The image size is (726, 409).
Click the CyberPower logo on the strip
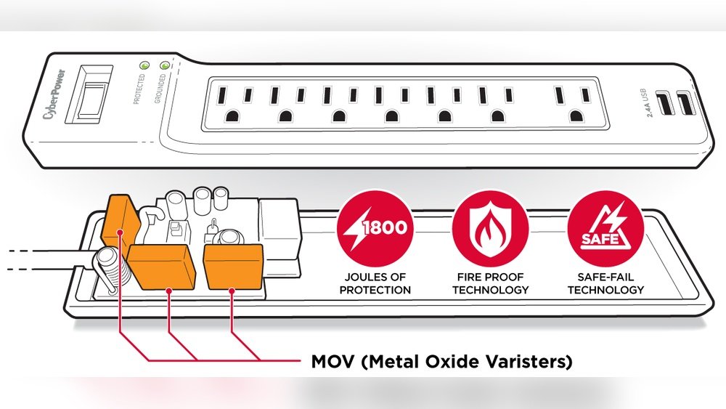54,94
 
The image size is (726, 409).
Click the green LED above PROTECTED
144,65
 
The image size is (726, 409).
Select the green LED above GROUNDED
164,65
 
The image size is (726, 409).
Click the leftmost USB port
665,104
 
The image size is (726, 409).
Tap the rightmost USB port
685,104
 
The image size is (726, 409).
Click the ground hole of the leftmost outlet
232,116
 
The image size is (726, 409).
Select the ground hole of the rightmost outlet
576,116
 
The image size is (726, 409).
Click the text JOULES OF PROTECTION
375,283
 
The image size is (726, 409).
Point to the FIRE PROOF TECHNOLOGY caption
490,283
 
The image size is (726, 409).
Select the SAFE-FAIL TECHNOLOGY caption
605,283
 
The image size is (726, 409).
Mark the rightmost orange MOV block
234,267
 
